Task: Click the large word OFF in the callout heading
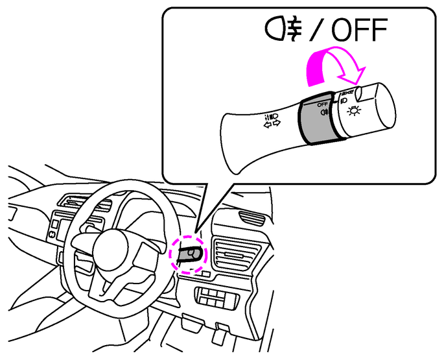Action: coord(359,30)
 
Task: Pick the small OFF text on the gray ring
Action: coord(322,104)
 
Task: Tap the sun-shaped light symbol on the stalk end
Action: coord(354,110)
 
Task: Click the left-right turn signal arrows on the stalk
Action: coord(272,124)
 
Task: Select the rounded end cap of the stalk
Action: coord(377,108)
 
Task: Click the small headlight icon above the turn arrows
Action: coord(272,117)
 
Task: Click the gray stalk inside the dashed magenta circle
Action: coord(189,254)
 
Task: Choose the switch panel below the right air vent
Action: coord(216,296)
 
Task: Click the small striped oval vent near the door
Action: coord(251,218)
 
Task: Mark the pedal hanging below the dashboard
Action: coord(220,336)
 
